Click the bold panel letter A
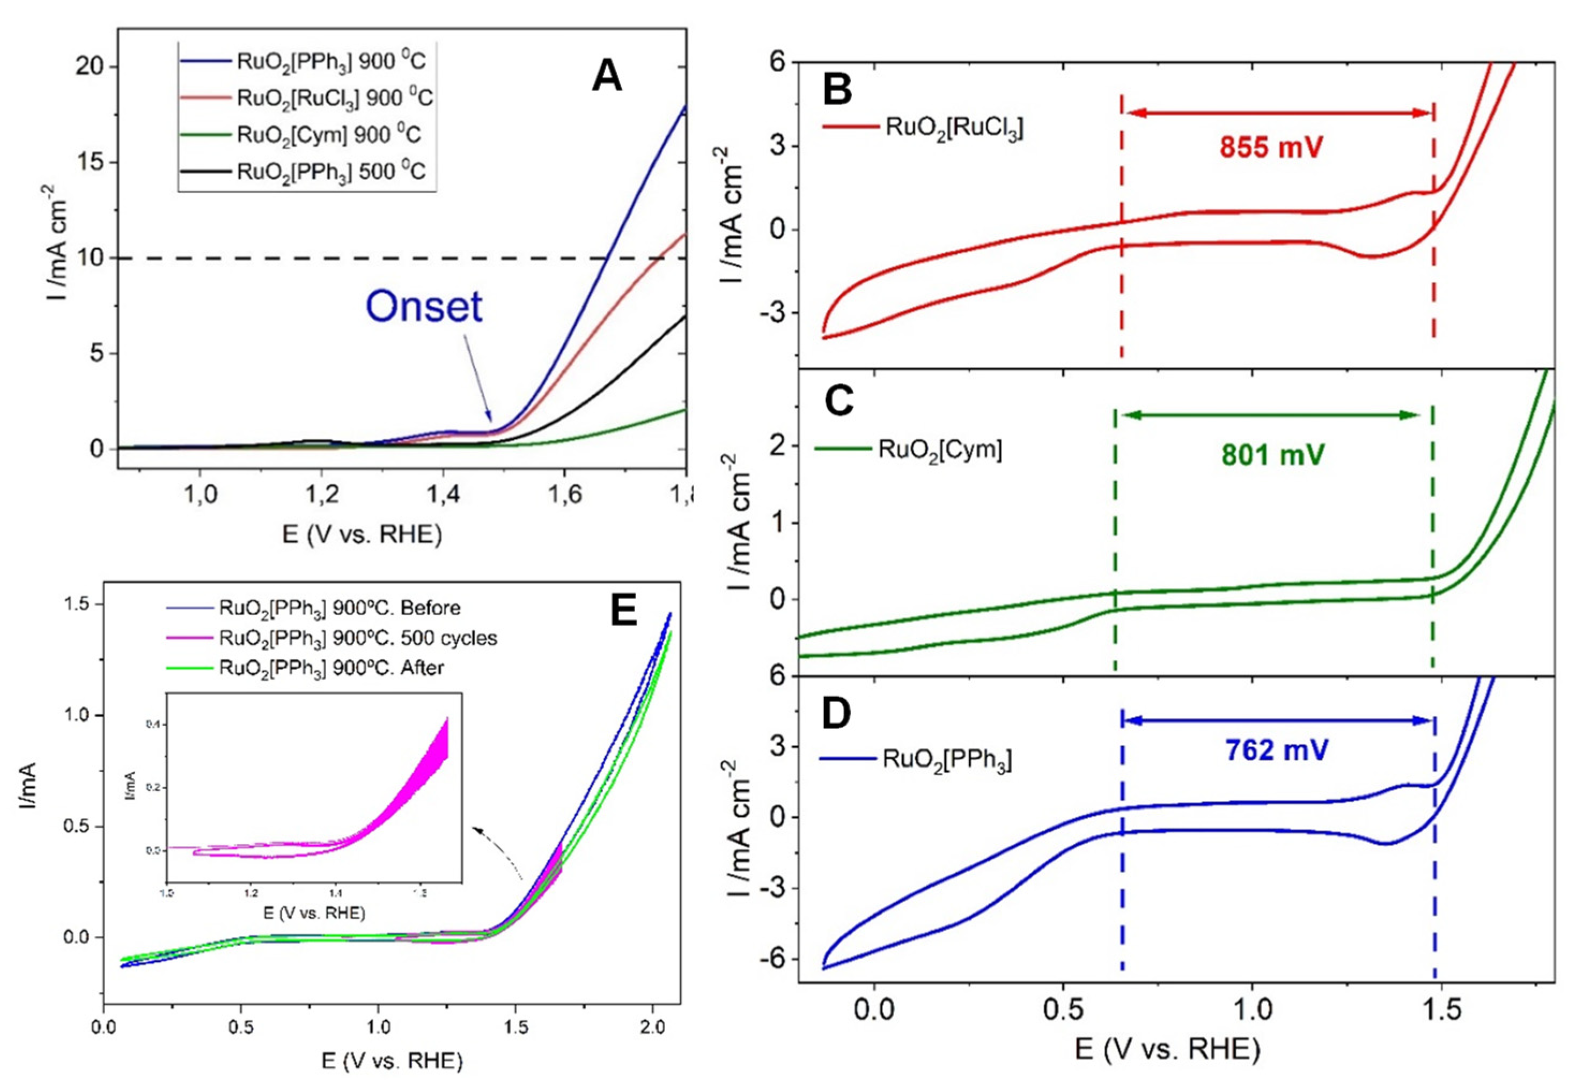tap(606, 77)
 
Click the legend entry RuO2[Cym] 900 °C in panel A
tap(328, 134)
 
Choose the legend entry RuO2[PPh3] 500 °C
tap(331, 171)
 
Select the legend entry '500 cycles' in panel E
tap(358, 638)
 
